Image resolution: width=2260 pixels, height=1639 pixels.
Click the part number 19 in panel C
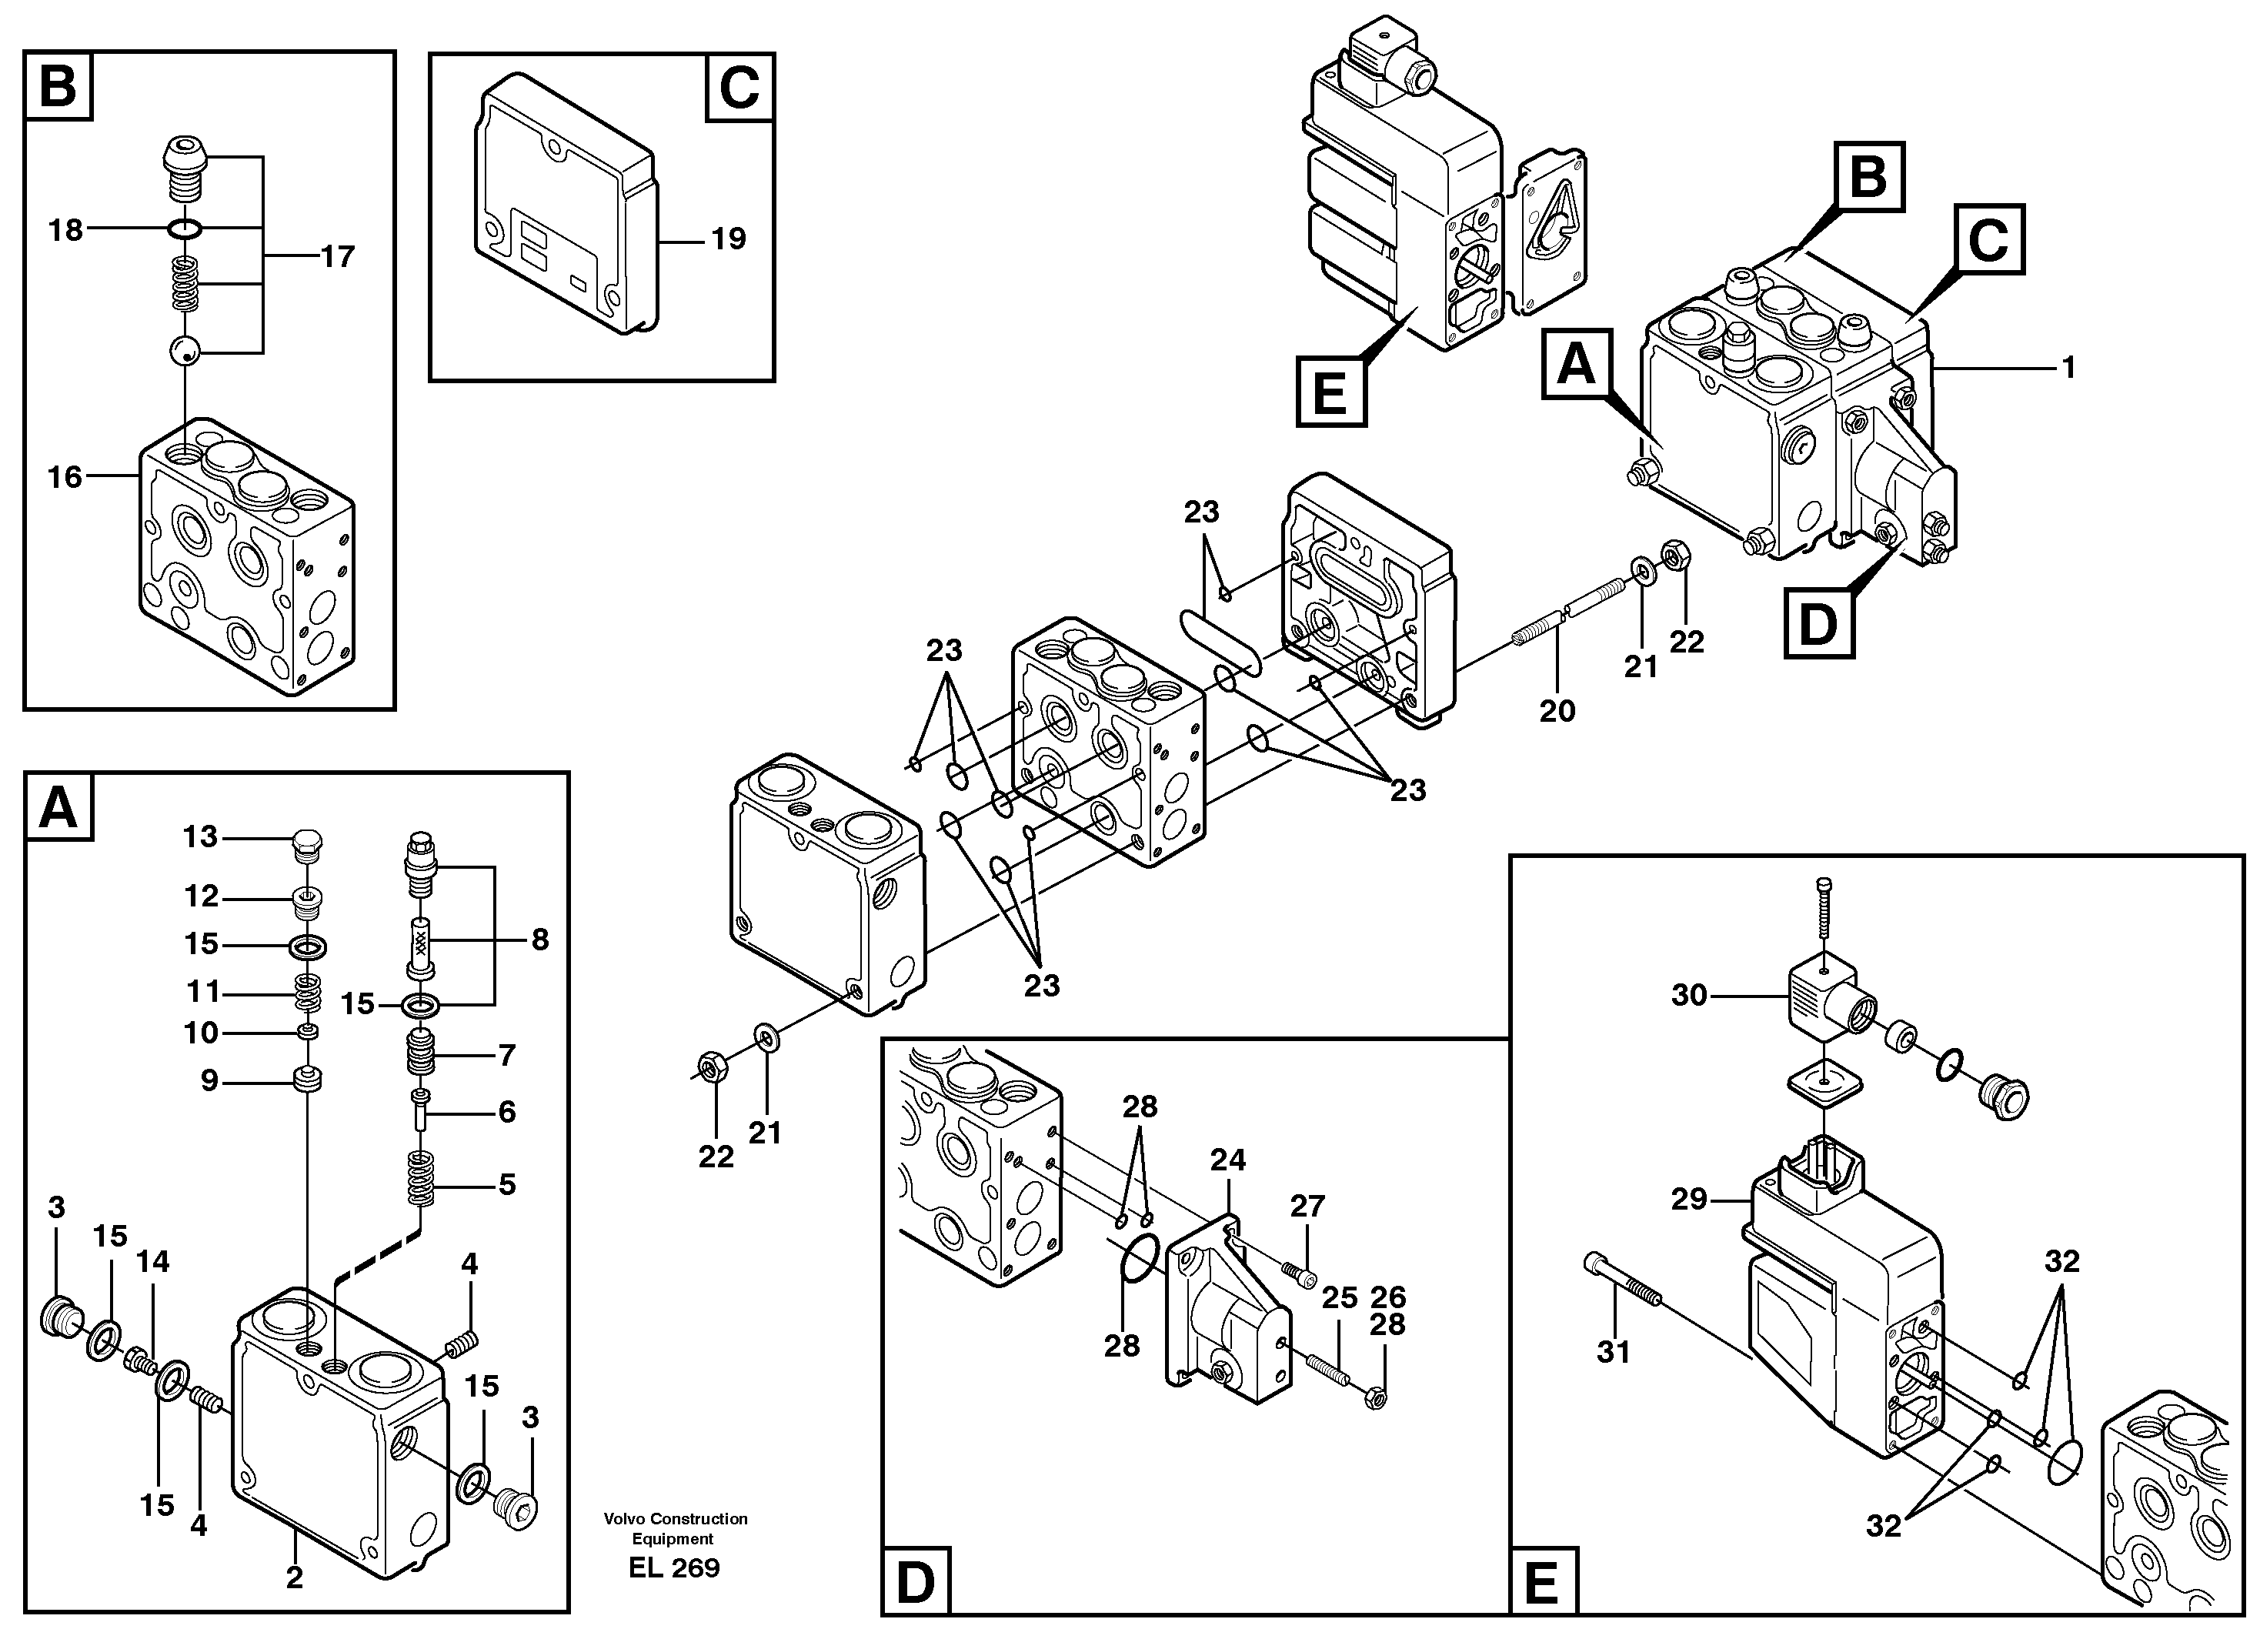(x=729, y=239)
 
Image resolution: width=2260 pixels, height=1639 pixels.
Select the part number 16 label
(x=65, y=477)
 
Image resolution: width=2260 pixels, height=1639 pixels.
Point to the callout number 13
(x=199, y=837)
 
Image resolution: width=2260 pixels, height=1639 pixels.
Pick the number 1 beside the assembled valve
(x=2068, y=369)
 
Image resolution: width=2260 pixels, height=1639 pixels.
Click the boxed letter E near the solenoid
(x=1330, y=392)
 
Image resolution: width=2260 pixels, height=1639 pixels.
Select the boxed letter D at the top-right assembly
(x=1818, y=624)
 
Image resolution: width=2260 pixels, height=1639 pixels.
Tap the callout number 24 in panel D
(x=1229, y=1160)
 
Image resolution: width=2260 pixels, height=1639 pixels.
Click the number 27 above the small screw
(x=1307, y=1207)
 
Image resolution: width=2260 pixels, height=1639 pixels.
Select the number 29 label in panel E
(x=1689, y=1200)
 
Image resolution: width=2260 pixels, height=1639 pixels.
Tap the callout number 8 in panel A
(x=539, y=940)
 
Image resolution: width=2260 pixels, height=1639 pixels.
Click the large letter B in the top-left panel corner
(x=57, y=87)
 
